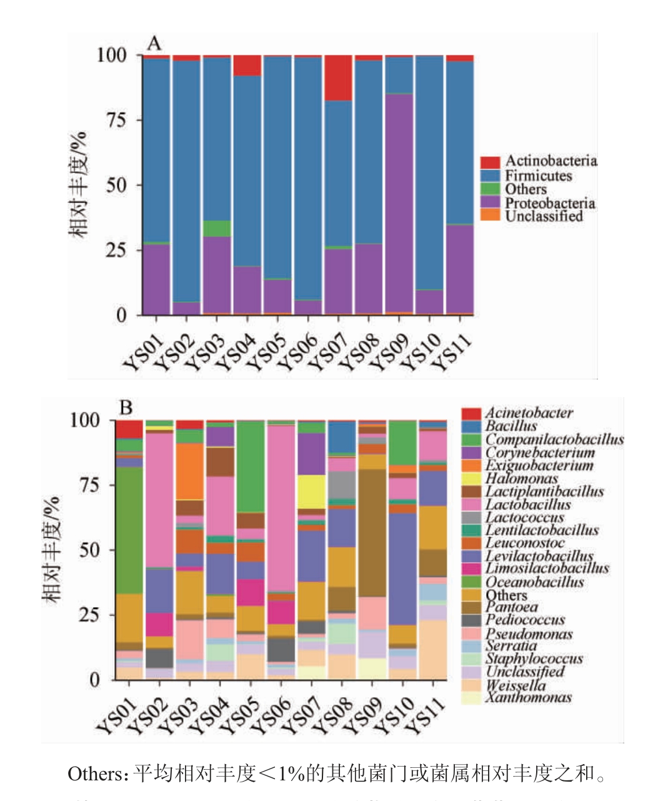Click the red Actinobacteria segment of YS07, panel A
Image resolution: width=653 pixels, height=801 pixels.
click(338, 78)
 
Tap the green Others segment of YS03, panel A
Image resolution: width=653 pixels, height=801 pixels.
click(217, 228)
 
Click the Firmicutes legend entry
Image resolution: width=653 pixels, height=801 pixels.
click(538, 176)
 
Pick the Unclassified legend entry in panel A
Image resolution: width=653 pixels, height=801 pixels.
click(543, 216)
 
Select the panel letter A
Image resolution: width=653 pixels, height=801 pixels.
click(154, 44)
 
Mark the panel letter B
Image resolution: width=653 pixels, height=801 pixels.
click(126, 408)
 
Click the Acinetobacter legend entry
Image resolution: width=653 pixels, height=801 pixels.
click(528, 413)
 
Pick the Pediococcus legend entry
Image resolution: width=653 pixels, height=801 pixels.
click(524, 620)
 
